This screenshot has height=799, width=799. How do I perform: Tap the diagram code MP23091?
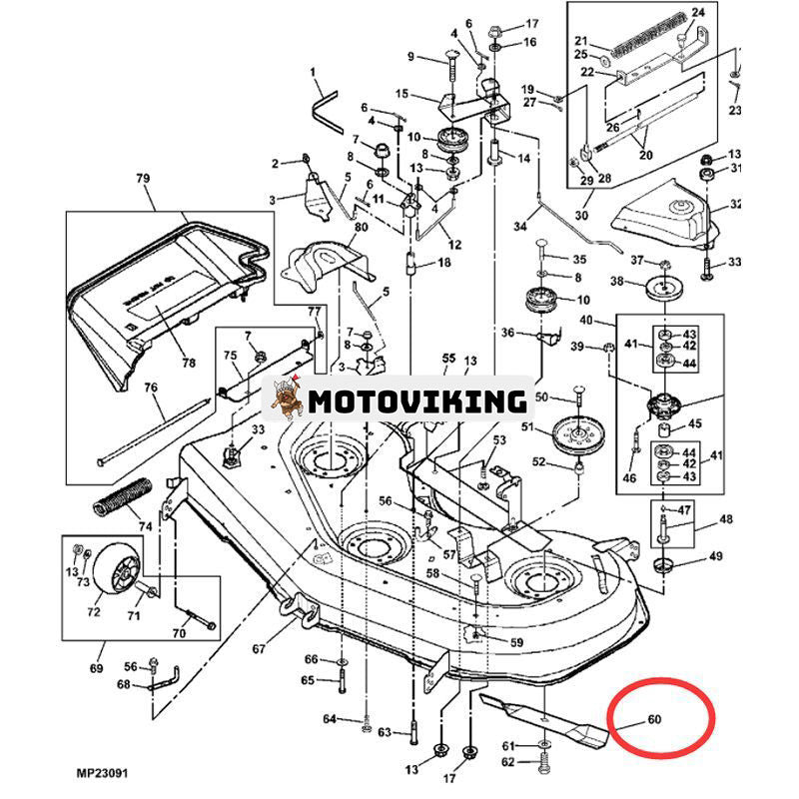(101, 772)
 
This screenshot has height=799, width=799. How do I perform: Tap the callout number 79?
(142, 179)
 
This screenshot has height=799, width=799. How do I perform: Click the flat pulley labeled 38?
(664, 290)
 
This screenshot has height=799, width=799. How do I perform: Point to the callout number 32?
(736, 205)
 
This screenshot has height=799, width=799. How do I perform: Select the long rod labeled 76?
(150, 429)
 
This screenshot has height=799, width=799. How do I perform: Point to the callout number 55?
(448, 358)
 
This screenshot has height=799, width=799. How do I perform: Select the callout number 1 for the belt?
(312, 72)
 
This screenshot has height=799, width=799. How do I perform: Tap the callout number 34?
(519, 227)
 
